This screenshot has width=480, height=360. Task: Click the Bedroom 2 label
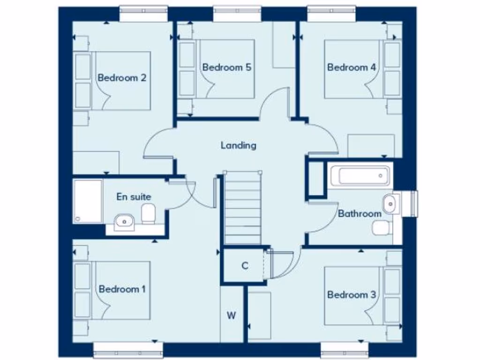pos(122,78)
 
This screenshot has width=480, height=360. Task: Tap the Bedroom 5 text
pos(227,67)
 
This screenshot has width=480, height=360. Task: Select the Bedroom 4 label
pos(352,67)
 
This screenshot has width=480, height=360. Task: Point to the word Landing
pos(239,145)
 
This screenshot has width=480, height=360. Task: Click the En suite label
pos(134,197)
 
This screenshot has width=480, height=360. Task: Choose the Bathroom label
pos(360,214)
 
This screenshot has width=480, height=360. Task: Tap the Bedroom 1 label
pos(122,289)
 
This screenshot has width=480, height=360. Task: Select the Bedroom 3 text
pos(352,295)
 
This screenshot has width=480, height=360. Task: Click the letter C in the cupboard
pos(244,266)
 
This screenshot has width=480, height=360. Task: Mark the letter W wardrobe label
pos(231,315)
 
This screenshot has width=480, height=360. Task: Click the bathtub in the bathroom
pos(360,176)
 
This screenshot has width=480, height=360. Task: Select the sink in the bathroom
pos(390,204)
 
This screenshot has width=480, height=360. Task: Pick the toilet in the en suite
pos(148,213)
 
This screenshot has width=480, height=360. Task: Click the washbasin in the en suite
pos(124,220)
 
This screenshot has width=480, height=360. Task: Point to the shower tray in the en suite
pos(88,201)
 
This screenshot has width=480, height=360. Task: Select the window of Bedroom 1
pos(128,350)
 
